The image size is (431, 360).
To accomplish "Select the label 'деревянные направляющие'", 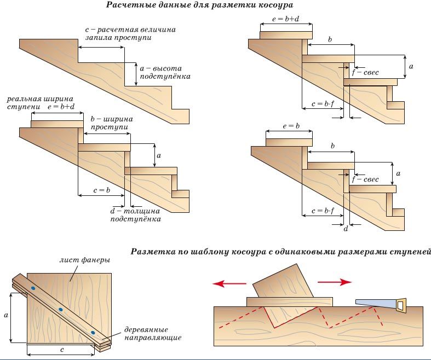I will pyautogui.click(x=150, y=333).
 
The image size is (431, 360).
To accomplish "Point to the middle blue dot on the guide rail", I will pyautogui.click(x=61, y=310).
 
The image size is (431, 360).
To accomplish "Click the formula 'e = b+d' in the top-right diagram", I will pyautogui.click(x=286, y=19).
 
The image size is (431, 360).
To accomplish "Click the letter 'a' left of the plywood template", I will pyautogui.click(x=6, y=316).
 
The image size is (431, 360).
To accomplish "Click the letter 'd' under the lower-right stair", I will pyautogui.click(x=346, y=228).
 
